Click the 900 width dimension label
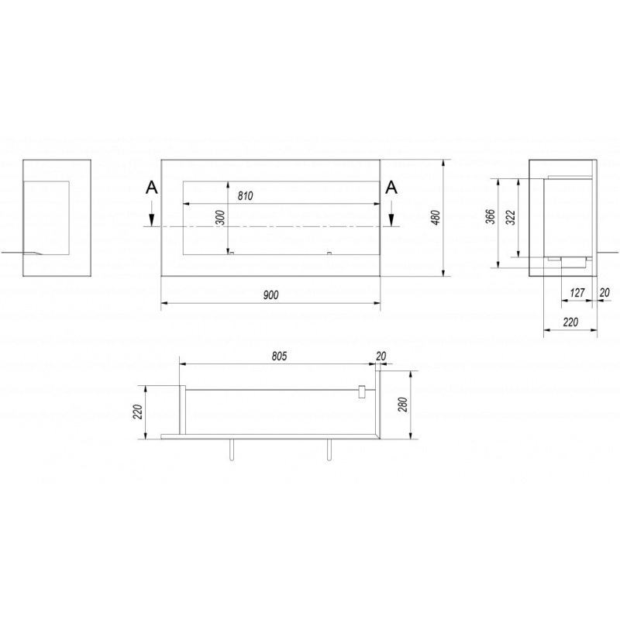coord(271,294)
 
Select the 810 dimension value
coord(246,196)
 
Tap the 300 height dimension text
coord(221,218)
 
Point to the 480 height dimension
coord(436,218)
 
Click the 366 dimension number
coord(491,217)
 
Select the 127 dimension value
coord(577,293)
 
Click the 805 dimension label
coord(279,356)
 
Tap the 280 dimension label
coord(403,404)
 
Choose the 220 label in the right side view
coord(570,322)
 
